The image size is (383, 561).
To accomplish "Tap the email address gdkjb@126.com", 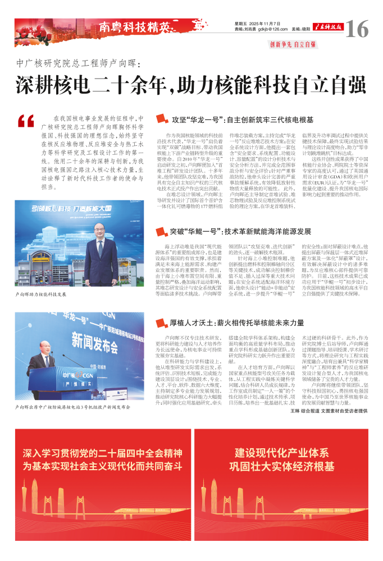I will [268, 30].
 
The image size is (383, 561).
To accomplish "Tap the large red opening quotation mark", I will [26, 121].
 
